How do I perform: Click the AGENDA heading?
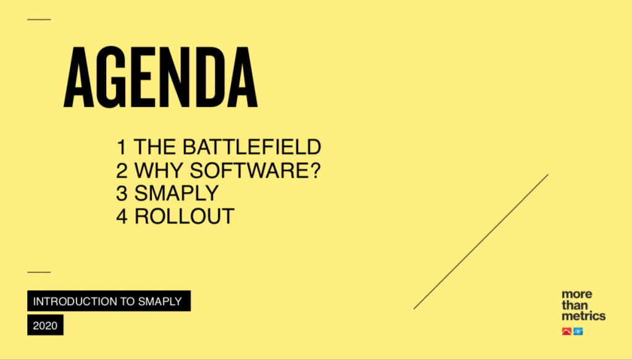tap(160, 77)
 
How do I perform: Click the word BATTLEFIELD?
tap(252, 147)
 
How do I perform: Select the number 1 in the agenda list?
tap(121, 147)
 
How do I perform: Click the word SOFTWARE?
tap(255, 170)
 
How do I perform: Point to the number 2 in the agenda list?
tap(122, 170)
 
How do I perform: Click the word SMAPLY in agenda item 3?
tap(177, 193)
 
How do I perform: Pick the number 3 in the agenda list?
tap(122, 193)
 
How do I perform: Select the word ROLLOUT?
tap(184, 217)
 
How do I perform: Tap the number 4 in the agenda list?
tap(122, 217)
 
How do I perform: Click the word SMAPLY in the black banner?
tap(160, 301)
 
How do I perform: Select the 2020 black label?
tap(45, 325)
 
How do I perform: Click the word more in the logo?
tap(577, 294)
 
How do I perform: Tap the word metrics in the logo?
tap(584, 316)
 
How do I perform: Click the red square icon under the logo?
tap(567, 332)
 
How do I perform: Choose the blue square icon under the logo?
tap(578, 332)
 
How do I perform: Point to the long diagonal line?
tap(481, 241)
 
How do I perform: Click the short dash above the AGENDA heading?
tap(39, 19)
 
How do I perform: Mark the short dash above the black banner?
tap(39, 272)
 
